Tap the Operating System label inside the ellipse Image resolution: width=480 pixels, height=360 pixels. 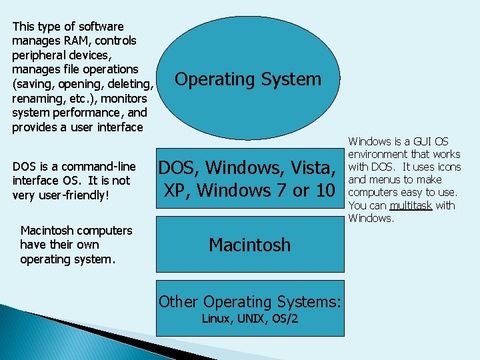(247, 79)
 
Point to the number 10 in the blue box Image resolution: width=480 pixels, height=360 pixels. (323, 191)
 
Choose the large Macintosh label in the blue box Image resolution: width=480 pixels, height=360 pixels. (250, 245)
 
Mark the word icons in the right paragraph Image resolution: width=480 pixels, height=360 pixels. (447, 167)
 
